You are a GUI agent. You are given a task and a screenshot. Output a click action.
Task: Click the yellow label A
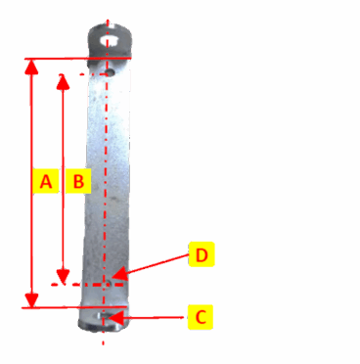(42, 181)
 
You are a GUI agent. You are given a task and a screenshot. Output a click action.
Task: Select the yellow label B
(79, 181)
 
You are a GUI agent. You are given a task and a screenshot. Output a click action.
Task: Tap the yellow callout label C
(199, 317)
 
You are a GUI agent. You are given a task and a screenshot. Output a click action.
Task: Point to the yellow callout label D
(200, 255)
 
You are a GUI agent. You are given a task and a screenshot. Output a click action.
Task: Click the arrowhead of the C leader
(112, 317)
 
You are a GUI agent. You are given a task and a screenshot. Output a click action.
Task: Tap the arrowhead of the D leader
(114, 277)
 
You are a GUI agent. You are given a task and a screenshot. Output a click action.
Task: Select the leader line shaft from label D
(152, 265)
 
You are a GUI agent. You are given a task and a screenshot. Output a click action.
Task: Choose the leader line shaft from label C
(152, 317)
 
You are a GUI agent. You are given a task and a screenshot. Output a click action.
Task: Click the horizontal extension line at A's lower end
(59, 307)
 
